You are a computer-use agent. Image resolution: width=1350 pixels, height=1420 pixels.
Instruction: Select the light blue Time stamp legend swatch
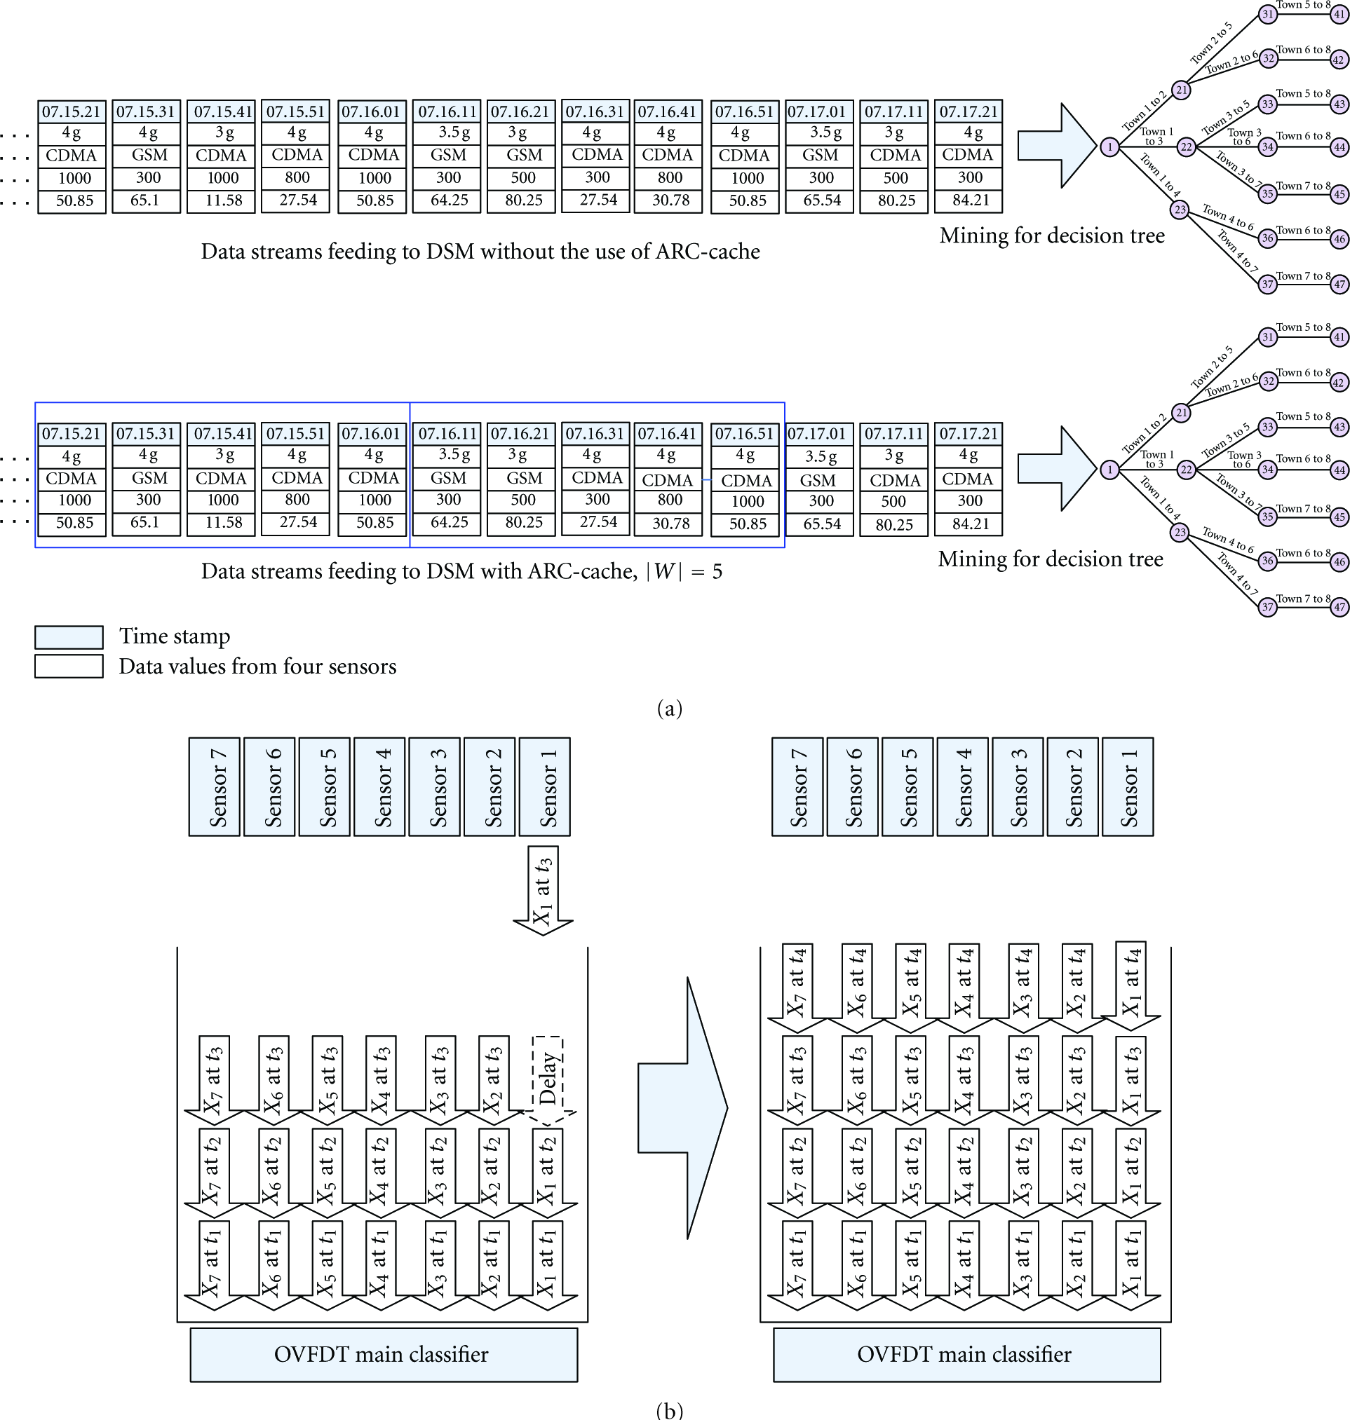coord(69,636)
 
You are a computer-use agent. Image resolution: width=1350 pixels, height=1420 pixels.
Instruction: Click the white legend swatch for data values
coord(69,666)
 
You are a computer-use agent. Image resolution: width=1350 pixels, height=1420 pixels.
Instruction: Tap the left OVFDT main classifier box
coord(384,1355)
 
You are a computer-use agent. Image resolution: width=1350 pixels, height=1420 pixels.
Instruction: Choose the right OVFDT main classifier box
coord(966,1355)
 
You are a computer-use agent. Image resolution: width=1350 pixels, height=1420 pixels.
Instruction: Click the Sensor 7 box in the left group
coord(215,786)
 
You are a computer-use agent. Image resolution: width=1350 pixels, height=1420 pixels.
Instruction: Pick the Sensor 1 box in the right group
coord(1128,786)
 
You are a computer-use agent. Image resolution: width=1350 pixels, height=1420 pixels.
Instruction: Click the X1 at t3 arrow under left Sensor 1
coord(544,891)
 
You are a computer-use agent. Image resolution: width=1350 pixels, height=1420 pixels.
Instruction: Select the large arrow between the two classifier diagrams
coord(683,1108)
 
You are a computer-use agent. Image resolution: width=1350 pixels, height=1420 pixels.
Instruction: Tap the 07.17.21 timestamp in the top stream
coord(968,111)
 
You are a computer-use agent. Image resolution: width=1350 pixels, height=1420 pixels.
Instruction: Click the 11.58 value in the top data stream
coord(223,200)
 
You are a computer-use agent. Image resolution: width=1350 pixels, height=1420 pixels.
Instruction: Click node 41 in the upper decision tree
coord(1339,14)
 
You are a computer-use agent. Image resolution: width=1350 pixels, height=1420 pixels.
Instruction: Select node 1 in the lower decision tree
coord(1110,470)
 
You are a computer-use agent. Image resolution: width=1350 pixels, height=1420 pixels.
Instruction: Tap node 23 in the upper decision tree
coord(1180,210)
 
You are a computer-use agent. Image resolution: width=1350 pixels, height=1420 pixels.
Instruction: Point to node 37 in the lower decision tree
coord(1268,607)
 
